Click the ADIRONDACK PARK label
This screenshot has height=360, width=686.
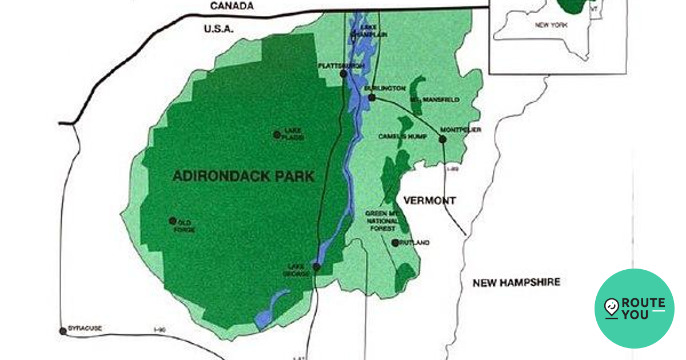click(243, 176)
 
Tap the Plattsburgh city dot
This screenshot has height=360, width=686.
click(343, 74)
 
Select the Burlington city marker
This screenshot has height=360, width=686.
click(372, 98)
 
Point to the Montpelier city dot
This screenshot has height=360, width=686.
click(442, 139)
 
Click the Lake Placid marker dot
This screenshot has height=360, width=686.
click(277, 135)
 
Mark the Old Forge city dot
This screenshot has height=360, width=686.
click(173, 221)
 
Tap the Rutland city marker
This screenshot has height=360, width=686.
click(394, 243)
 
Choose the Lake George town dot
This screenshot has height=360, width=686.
click(316, 266)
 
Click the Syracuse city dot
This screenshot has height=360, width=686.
click(63, 331)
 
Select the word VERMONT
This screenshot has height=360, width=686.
click(429, 201)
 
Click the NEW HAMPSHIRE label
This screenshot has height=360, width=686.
click(516, 282)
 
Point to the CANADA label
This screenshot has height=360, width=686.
click(232, 6)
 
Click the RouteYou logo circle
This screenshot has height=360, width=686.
click(635, 309)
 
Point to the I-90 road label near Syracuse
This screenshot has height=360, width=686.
click(160, 329)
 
